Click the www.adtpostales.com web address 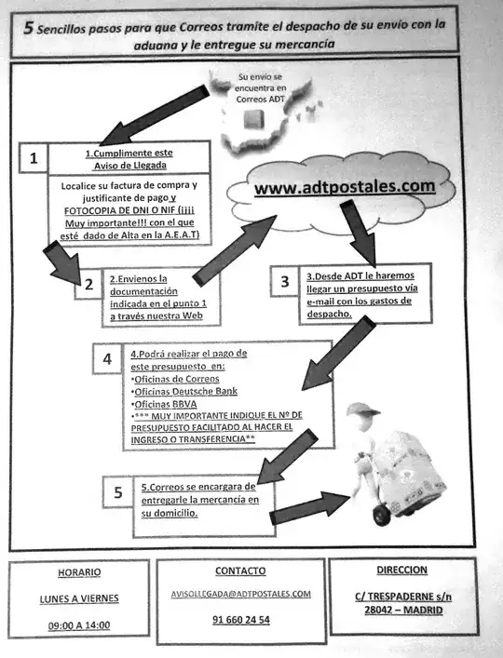344,187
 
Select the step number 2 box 88,285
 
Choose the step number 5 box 117,492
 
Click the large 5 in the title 30,28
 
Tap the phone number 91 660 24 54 240,619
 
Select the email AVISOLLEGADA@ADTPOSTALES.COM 240,593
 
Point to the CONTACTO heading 240,571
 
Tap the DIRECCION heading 401,570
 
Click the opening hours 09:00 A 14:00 78,624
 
